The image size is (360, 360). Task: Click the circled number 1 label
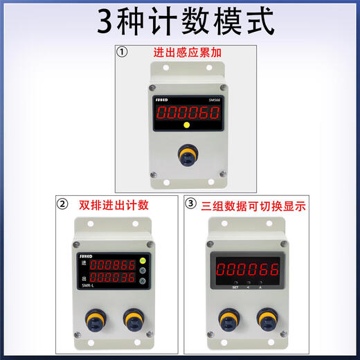(x=123, y=51)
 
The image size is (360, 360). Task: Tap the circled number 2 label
(x=64, y=204)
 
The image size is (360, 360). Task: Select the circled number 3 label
(x=192, y=204)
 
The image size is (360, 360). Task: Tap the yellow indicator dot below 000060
(x=186, y=125)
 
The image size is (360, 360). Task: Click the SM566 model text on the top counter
(x=214, y=99)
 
